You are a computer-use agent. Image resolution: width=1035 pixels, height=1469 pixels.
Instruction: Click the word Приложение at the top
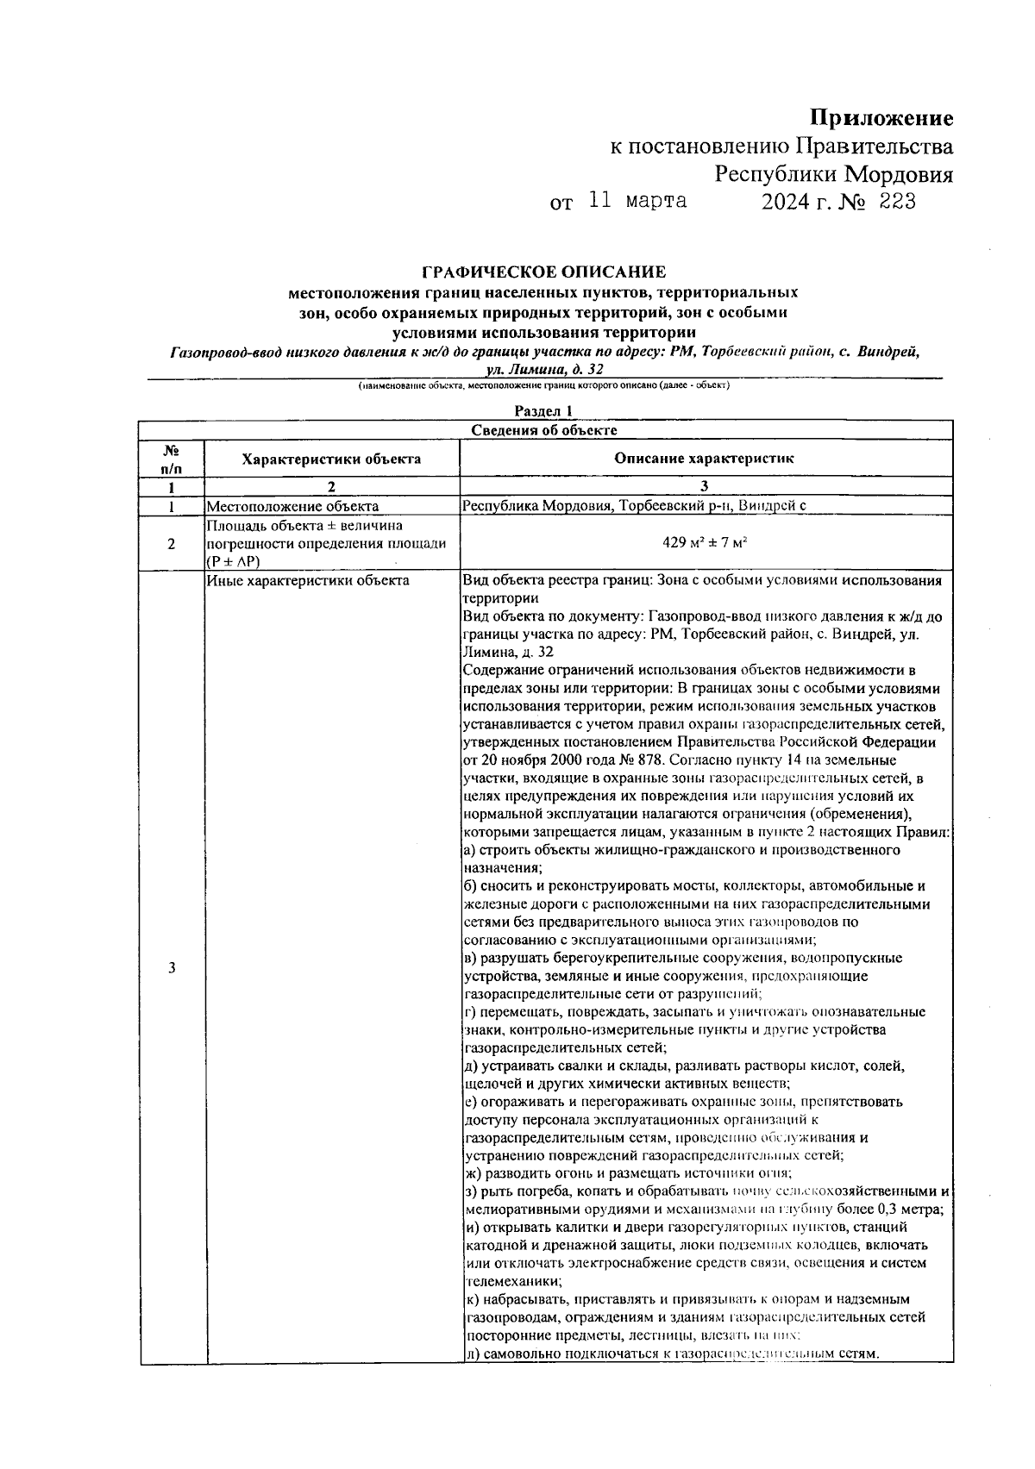coord(880,118)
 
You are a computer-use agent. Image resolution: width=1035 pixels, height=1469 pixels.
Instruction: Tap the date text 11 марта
coord(637,202)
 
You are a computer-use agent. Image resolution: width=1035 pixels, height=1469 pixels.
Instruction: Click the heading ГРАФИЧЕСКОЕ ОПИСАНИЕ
coord(543,272)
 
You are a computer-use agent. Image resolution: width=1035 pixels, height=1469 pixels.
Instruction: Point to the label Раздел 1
coord(543,411)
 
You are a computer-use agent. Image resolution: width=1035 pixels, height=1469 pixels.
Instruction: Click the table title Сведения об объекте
coord(543,430)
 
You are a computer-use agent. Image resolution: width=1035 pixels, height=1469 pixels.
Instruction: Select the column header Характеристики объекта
coord(331,459)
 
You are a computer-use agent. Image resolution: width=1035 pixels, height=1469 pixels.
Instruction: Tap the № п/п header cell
coord(172,459)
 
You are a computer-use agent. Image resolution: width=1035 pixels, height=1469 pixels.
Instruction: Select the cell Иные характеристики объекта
coord(307,580)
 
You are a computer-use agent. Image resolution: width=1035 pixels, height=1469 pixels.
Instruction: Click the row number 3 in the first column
coord(172,967)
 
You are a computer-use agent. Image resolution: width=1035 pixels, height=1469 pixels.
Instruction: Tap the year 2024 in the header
coord(783,202)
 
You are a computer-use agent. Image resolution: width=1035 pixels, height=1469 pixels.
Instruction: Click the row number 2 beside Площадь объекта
coord(172,543)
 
